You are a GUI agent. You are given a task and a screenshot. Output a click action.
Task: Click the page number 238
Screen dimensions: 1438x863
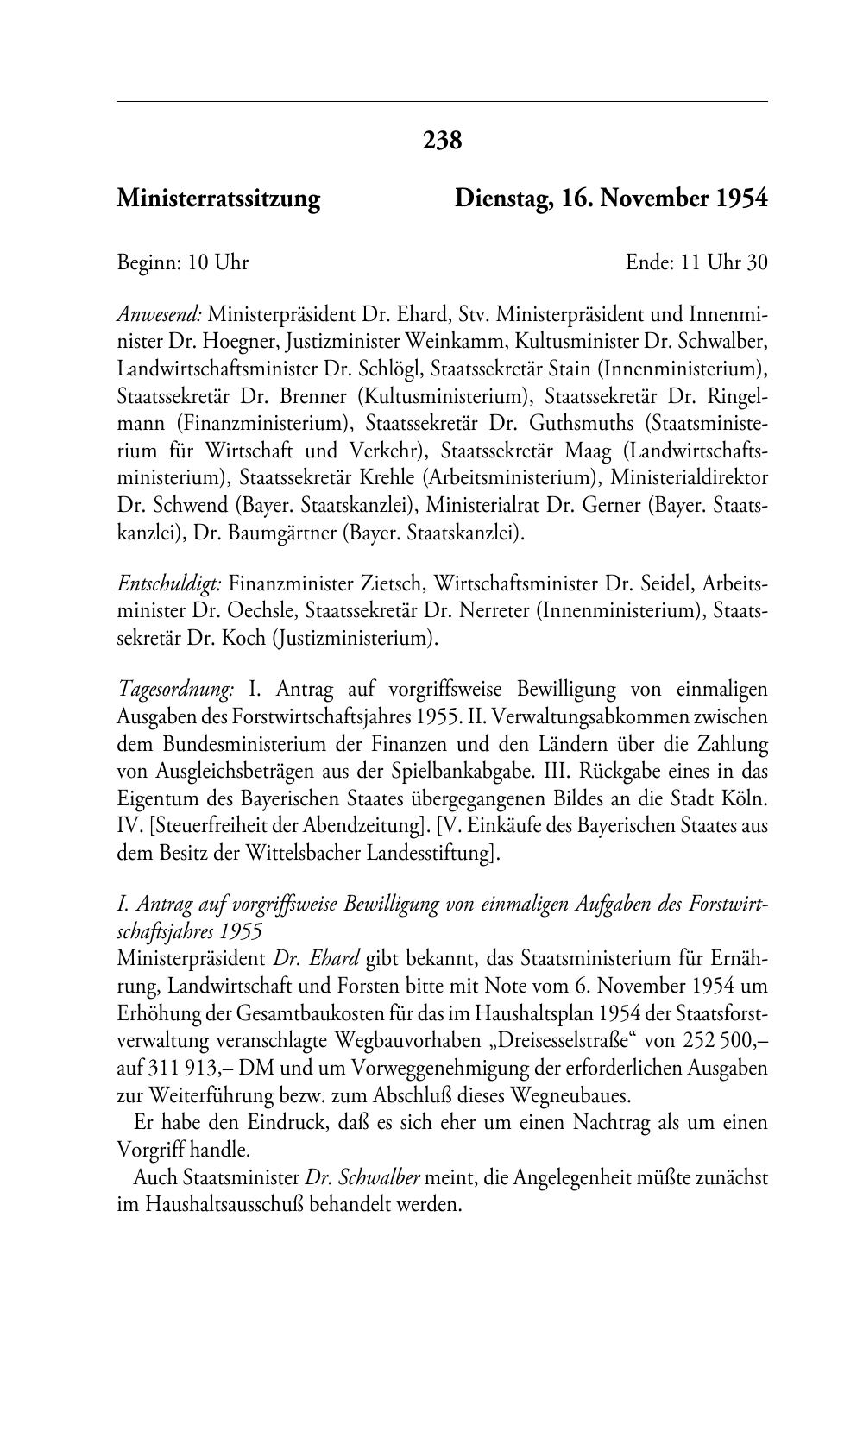443,139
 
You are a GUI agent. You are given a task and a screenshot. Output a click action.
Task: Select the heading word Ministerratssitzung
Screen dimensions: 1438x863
218,199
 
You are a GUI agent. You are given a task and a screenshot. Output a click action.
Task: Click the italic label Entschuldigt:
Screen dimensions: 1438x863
169,584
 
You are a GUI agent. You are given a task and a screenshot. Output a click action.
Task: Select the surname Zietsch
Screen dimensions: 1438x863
400,584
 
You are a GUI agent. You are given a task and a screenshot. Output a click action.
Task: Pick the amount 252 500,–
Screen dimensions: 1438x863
724,1041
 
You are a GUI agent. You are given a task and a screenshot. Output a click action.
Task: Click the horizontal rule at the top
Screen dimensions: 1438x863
442,102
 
